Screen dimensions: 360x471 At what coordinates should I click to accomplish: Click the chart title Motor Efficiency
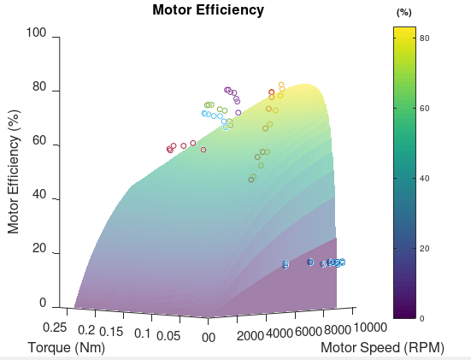point(208,11)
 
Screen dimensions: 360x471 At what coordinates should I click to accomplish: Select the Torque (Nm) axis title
point(66,348)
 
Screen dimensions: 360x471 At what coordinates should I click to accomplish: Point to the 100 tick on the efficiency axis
point(36,33)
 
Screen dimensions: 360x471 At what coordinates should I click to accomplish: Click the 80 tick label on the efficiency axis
point(39,87)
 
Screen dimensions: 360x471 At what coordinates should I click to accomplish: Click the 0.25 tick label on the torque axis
point(56,328)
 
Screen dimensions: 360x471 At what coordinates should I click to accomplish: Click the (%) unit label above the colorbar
point(404,13)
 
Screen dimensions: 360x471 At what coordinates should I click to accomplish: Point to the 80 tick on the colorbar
point(424,38)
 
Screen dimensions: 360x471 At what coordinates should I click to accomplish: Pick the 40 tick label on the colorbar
point(424,178)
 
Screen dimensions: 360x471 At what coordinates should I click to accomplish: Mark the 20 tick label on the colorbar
point(424,248)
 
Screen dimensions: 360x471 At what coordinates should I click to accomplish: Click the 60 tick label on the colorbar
point(424,109)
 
